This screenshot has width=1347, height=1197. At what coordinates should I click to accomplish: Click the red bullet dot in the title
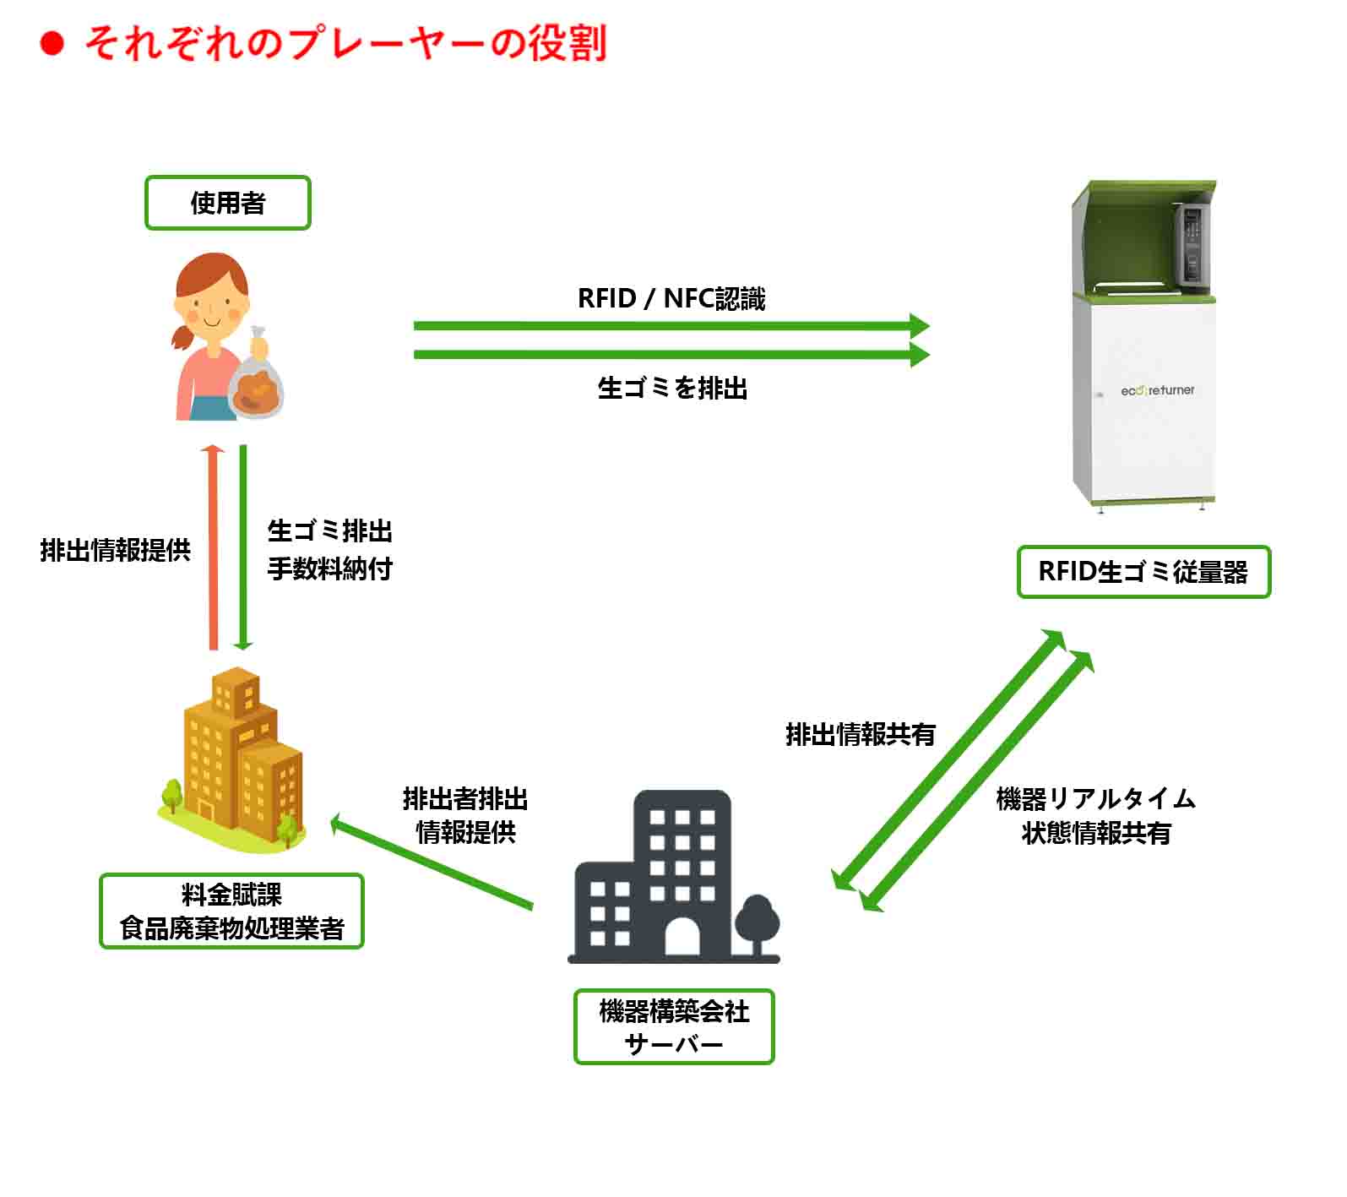click(52, 43)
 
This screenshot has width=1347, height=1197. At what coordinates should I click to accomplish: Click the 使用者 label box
click(228, 203)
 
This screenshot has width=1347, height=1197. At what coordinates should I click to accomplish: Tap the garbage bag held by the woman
click(256, 384)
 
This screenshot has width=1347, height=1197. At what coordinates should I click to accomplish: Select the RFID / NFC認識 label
click(671, 299)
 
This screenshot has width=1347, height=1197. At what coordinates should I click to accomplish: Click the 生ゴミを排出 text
click(672, 389)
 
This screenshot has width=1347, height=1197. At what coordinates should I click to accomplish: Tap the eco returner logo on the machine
click(1157, 390)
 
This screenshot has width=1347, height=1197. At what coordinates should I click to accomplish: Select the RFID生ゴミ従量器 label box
click(1143, 572)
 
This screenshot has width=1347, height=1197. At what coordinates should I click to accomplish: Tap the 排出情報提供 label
click(116, 551)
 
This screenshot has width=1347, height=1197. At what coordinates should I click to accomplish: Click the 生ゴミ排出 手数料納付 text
click(330, 550)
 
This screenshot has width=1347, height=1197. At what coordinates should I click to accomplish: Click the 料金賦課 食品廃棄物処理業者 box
click(231, 911)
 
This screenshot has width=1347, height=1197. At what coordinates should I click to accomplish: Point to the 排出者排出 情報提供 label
click(465, 815)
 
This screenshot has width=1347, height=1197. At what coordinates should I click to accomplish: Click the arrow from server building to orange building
click(431, 862)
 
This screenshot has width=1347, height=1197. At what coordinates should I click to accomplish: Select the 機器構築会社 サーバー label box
click(674, 1026)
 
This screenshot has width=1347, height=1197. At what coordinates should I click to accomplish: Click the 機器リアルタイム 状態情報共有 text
click(1096, 816)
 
